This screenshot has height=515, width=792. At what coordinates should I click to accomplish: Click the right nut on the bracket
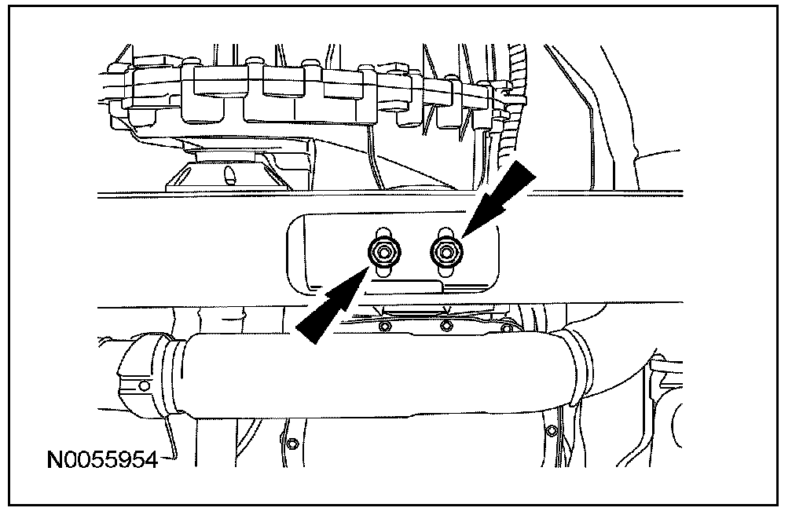click(445, 251)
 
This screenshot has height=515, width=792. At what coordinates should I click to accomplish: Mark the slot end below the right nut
click(445, 272)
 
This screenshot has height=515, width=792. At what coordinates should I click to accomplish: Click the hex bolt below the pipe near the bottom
click(293, 444)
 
